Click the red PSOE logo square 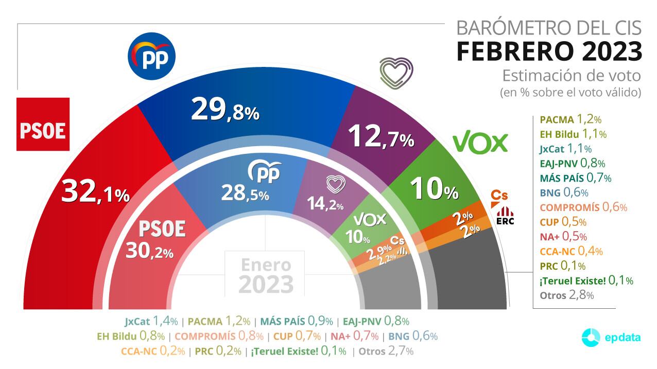point(43,124)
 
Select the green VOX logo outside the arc point(480,143)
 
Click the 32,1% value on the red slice point(95,192)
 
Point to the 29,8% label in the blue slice point(224,110)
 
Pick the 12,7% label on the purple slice point(381,136)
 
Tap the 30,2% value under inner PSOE point(149,251)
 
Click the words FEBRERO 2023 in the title point(549,51)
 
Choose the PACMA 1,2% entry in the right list point(570,120)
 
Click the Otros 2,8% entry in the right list point(566,295)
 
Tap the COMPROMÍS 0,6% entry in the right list point(583,207)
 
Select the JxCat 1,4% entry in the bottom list point(151,322)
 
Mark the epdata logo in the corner point(611,338)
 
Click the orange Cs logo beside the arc point(498,196)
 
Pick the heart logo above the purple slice point(396,73)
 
